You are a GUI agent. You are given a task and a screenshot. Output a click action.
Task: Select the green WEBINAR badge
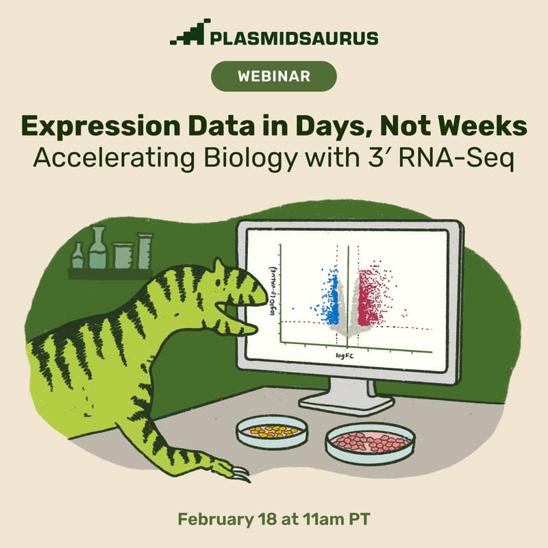point(274,76)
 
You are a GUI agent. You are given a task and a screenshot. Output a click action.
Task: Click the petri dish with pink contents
point(369,442)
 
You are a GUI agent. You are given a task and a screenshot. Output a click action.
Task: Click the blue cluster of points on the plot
point(332,301)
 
